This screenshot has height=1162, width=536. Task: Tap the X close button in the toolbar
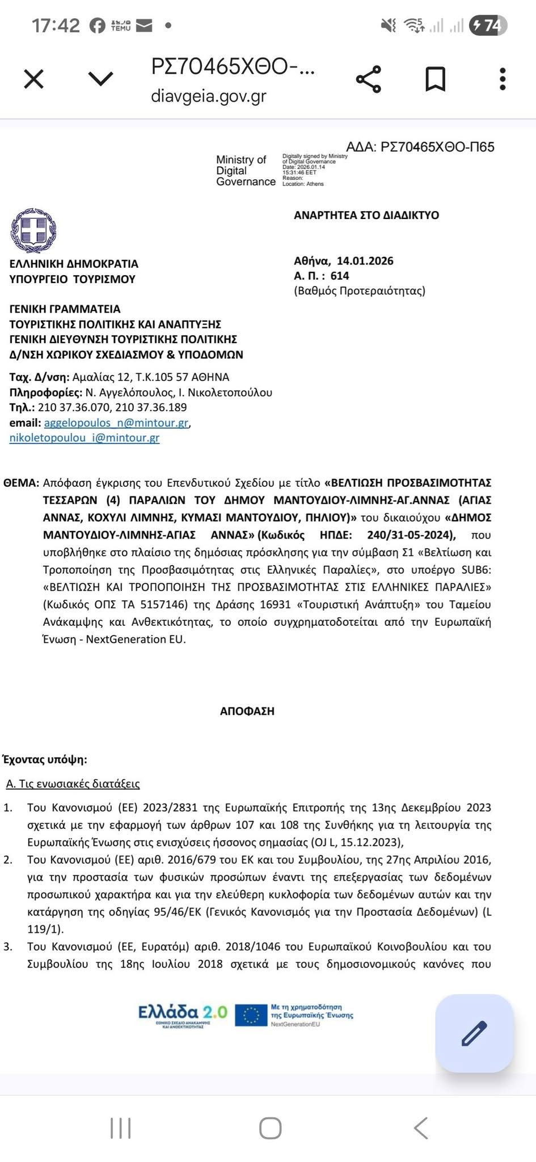click(34, 79)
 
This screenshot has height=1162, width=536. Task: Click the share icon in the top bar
click(369, 79)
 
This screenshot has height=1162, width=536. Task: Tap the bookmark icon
click(435, 79)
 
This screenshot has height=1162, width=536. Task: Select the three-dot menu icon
click(502, 79)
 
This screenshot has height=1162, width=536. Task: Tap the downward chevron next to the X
click(102, 79)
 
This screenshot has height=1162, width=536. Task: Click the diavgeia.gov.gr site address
click(208, 96)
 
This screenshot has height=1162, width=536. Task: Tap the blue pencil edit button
click(474, 1033)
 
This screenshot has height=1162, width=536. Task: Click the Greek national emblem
click(33, 230)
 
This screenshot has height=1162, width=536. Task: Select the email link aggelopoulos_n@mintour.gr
click(116, 423)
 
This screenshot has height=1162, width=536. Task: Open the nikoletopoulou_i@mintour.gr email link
click(85, 438)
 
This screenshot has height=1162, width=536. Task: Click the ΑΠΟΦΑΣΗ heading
click(247, 711)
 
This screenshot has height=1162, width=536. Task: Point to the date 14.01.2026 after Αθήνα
click(365, 261)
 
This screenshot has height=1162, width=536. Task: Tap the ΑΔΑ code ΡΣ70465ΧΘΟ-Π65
click(437, 147)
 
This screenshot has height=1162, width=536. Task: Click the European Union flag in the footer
click(251, 1015)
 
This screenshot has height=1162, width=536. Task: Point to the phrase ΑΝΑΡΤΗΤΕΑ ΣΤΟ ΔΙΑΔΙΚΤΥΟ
click(366, 215)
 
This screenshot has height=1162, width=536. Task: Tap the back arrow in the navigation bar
click(420, 1128)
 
